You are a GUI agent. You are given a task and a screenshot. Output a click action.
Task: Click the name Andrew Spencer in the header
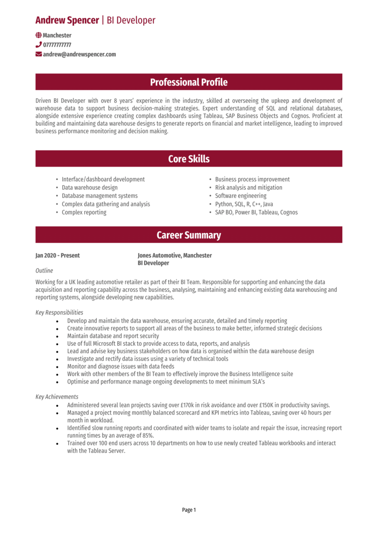[x=67, y=20]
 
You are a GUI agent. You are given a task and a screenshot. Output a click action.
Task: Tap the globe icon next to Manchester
[x=39, y=35]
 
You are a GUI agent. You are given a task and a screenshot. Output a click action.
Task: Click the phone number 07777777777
[x=57, y=45]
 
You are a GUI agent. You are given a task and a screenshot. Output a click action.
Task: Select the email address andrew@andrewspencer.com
[x=79, y=54]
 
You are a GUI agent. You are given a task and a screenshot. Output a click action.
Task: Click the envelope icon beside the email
[x=39, y=54]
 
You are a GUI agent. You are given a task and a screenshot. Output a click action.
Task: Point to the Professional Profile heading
[x=188, y=82]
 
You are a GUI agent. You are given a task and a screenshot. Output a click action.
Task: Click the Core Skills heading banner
[x=188, y=159]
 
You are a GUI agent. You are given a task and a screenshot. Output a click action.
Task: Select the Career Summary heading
[x=188, y=235]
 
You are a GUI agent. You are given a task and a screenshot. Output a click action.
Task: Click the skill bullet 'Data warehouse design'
[x=89, y=187]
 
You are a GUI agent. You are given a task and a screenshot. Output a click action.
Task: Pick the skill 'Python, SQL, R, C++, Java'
[x=244, y=204]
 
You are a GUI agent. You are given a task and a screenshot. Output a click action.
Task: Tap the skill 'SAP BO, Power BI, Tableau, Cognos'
[x=256, y=212]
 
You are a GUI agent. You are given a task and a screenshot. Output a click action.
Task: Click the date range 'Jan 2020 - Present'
[x=57, y=256]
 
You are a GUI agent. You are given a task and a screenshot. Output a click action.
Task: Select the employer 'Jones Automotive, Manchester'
[x=174, y=256]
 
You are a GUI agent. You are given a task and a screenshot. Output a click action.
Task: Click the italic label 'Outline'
[x=44, y=270]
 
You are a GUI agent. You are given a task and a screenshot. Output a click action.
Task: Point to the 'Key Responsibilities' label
[x=59, y=313]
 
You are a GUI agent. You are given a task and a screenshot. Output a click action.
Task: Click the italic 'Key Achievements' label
[x=56, y=397]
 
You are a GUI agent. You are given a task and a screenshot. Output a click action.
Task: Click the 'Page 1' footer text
[x=188, y=510]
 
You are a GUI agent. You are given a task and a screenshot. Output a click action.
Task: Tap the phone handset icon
[x=39, y=45]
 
